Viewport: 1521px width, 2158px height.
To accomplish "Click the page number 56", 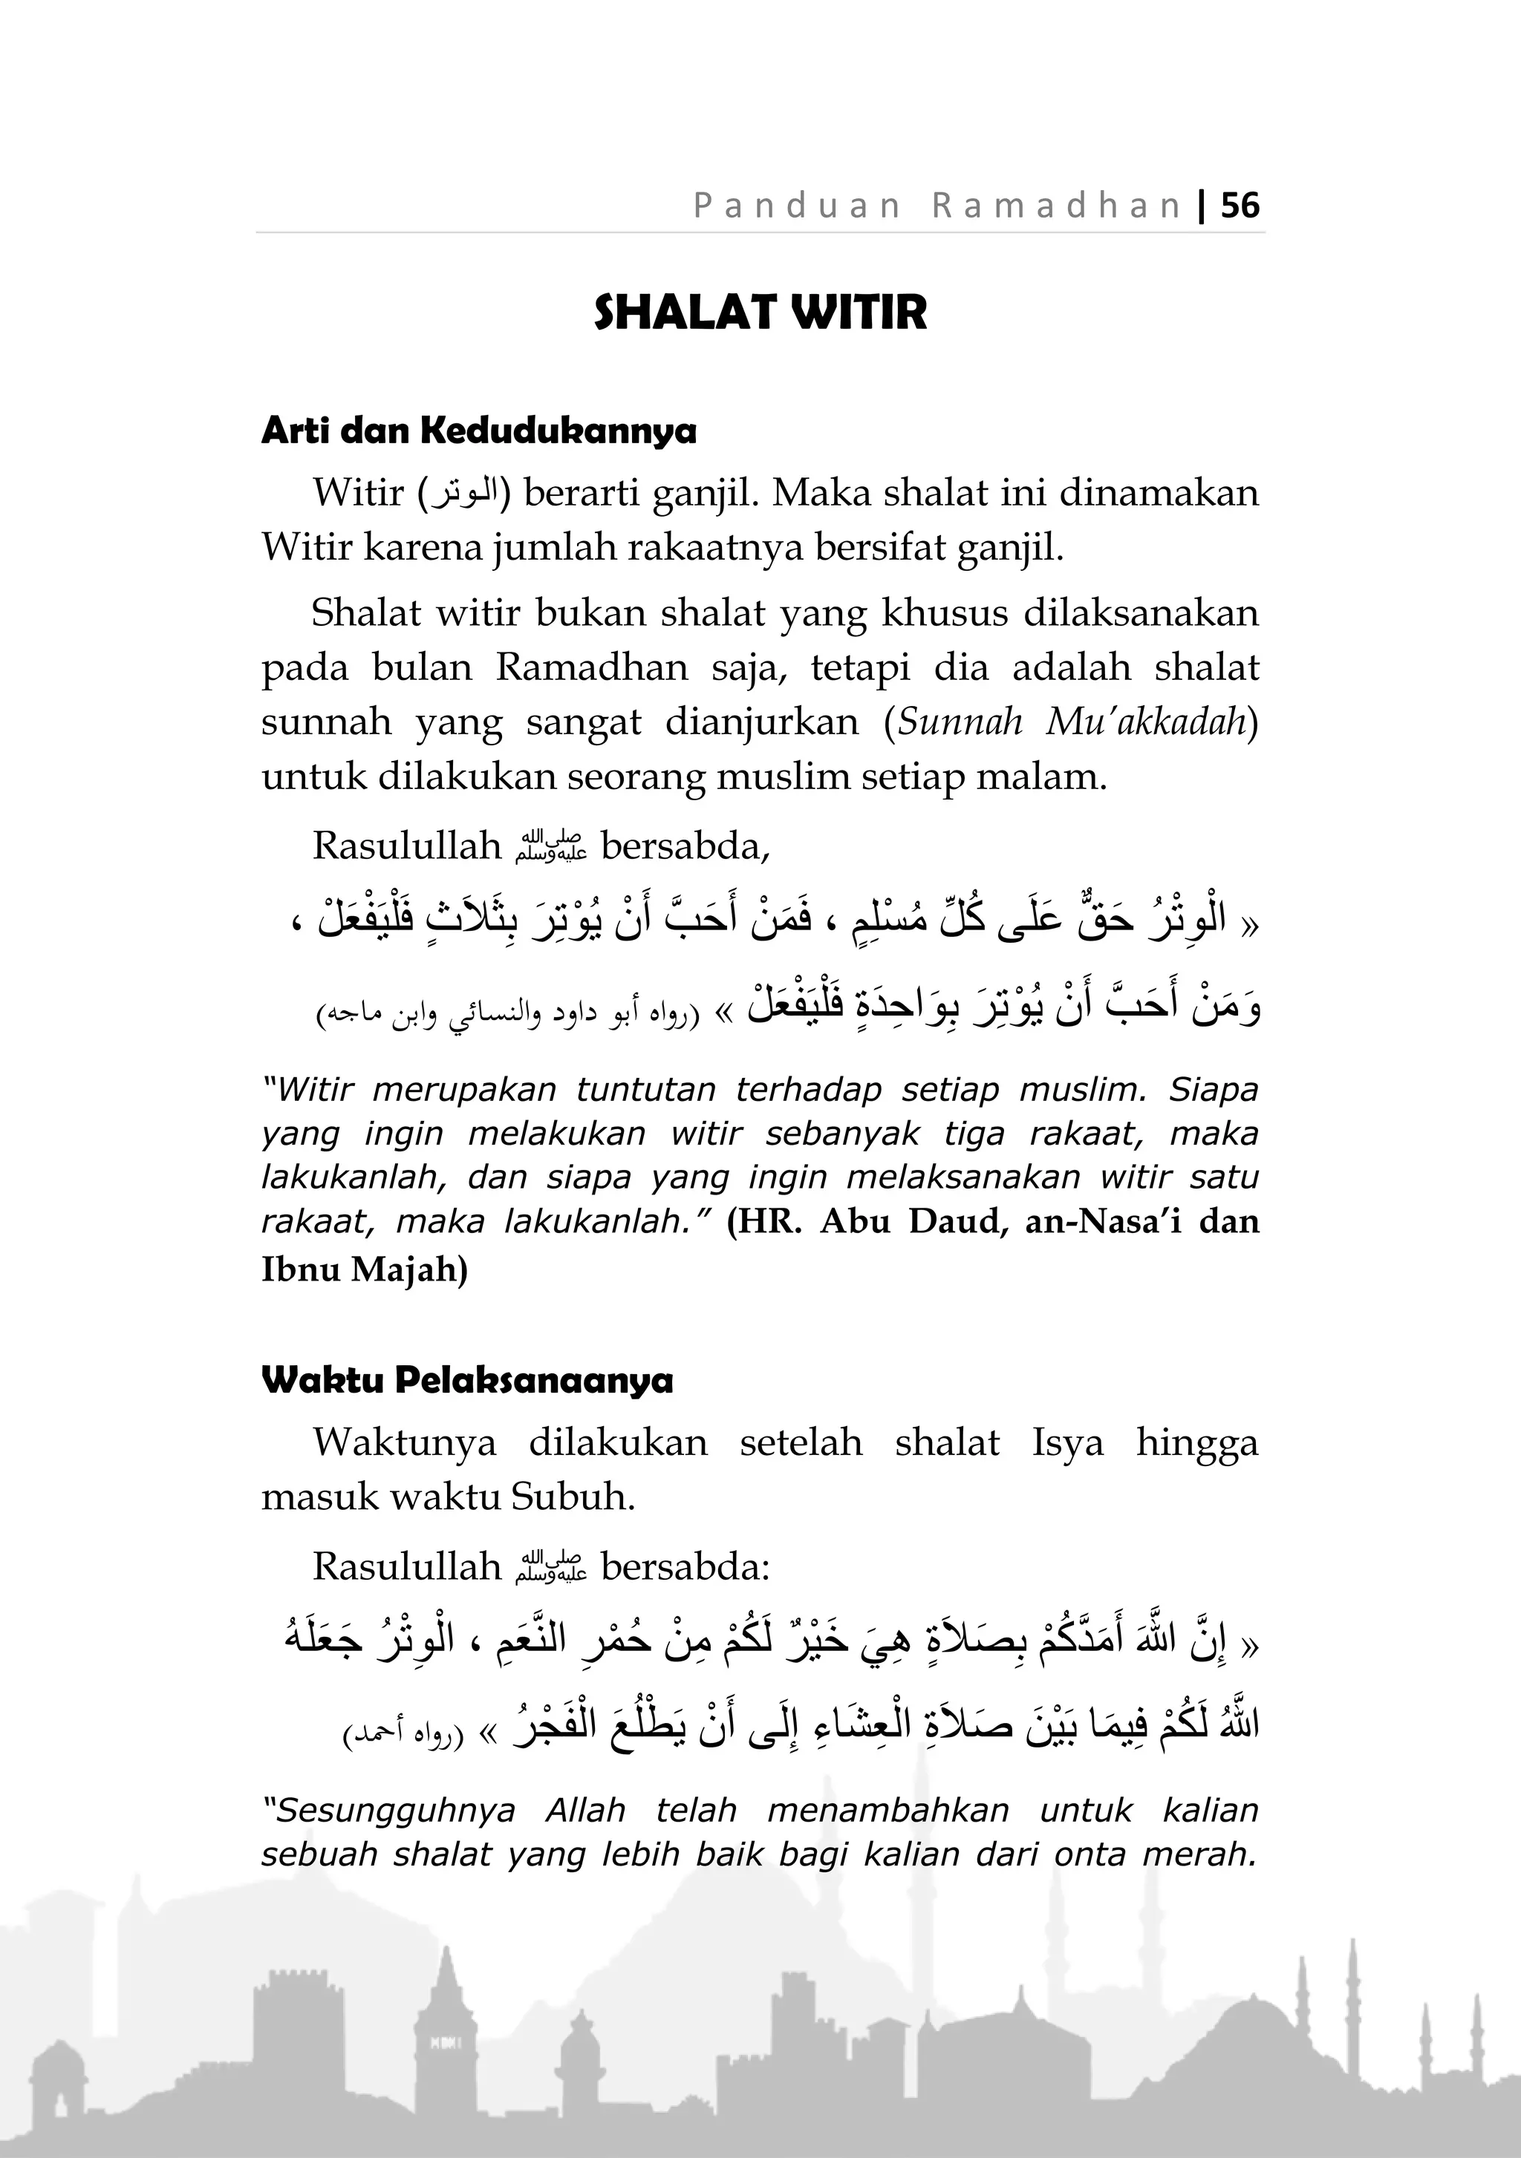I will click(x=1240, y=205).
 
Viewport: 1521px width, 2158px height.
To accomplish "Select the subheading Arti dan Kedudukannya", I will click(x=478, y=431).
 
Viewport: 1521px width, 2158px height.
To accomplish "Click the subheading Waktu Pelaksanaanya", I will click(x=467, y=1381).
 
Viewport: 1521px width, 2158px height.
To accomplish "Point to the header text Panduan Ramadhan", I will click(x=937, y=205).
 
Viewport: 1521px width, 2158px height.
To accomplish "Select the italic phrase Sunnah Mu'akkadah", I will click(x=1072, y=722).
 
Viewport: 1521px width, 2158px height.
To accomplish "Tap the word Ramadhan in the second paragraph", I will click(x=591, y=667).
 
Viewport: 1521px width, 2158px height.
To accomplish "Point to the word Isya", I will click(x=1067, y=1442).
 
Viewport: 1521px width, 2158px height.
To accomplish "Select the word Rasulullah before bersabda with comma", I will click(x=407, y=846).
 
